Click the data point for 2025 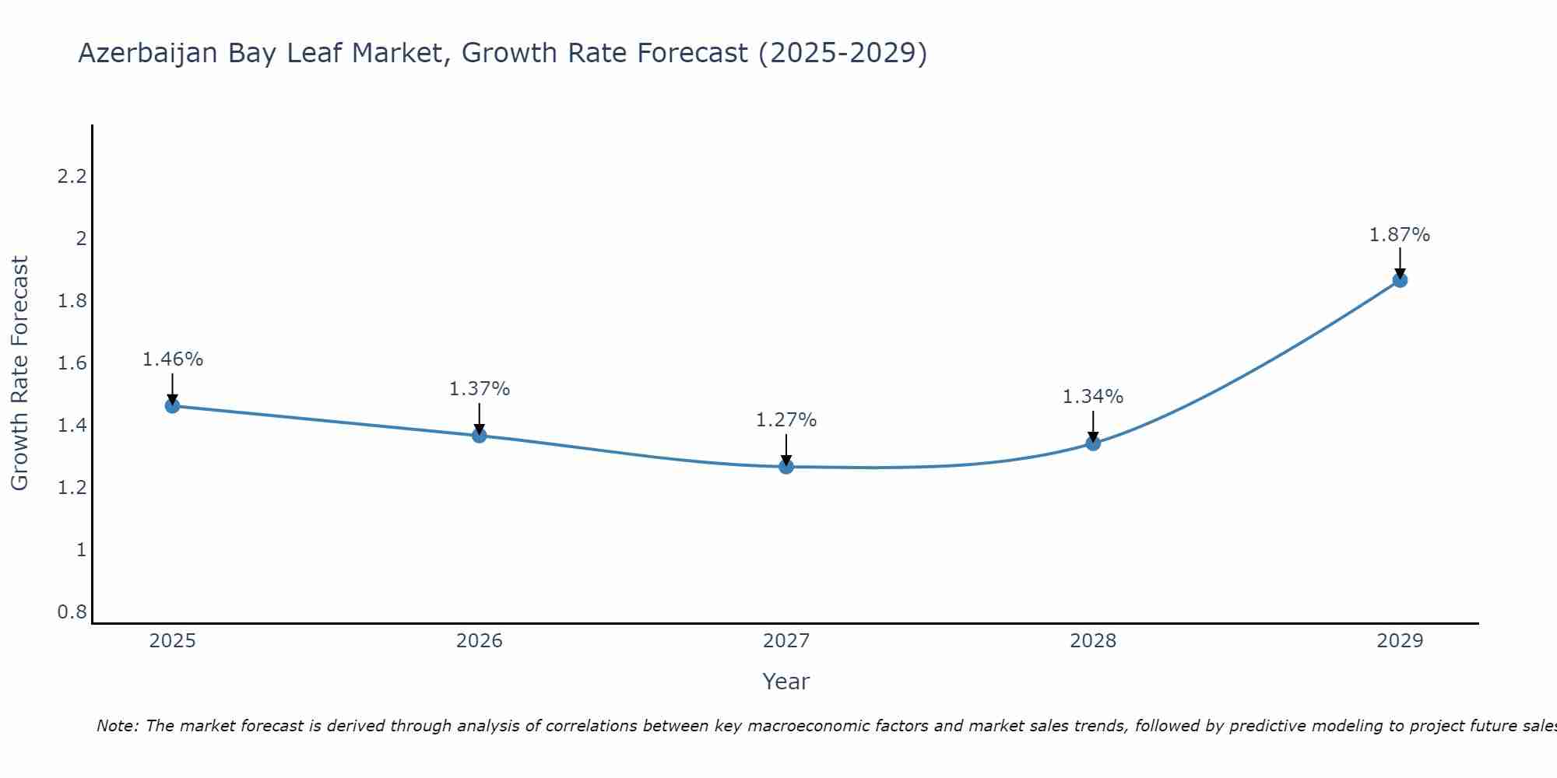(x=172, y=405)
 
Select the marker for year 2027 (x=786, y=466)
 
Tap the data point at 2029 (x=1400, y=279)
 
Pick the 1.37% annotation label (x=480, y=388)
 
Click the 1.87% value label (x=1400, y=234)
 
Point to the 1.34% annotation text (x=1093, y=396)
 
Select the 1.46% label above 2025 (x=173, y=359)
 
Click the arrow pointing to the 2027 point (x=786, y=449)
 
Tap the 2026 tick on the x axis (x=480, y=640)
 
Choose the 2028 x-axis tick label (x=1093, y=640)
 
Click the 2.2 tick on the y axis (x=72, y=177)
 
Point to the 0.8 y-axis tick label (x=72, y=612)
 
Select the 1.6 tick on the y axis (x=72, y=363)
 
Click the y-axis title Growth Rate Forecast (x=19, y=373)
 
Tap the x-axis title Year (x=786, y=682)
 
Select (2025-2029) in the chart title (x=842, y=53)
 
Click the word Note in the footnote (x=117, y=726)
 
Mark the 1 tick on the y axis (x=81, y=550)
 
